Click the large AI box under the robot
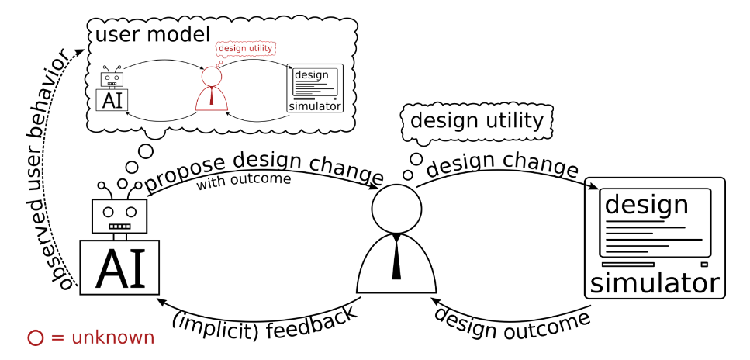[x=119, y=268]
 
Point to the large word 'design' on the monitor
[x=646, y=205]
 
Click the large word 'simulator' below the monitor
[x=655, y=283]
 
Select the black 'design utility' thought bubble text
[x=476, y=120]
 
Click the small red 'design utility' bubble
[x=246, y=48]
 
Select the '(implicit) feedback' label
[x=264, y=323]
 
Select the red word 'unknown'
[x=112, y=338]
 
